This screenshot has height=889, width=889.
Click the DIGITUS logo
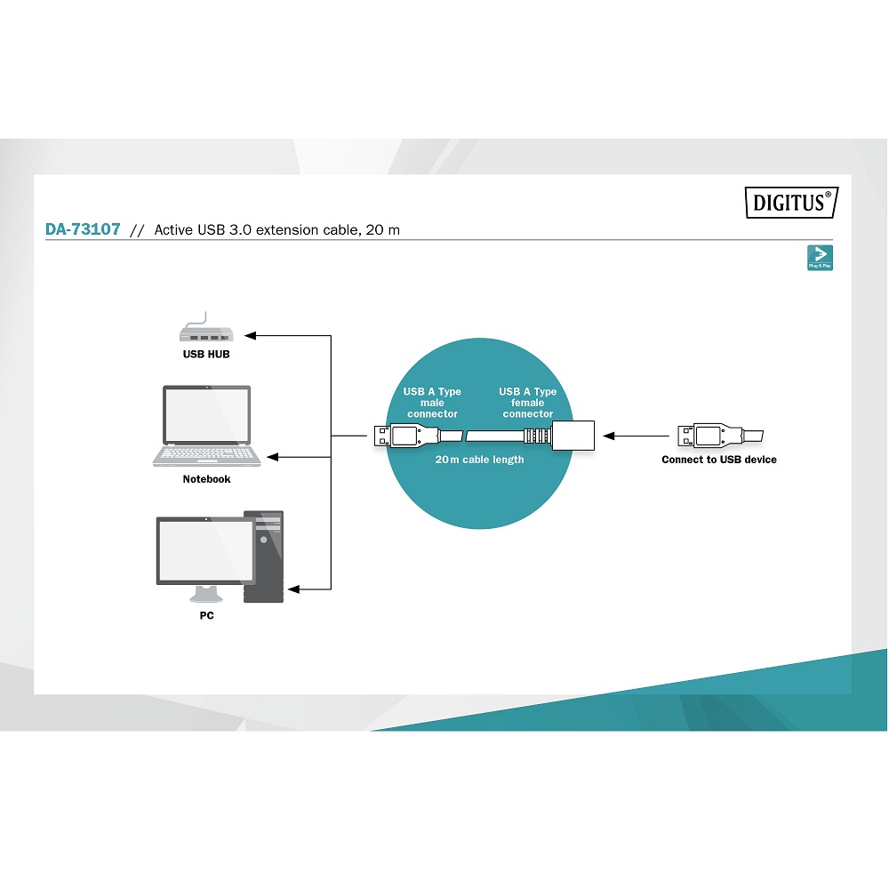(791, 203)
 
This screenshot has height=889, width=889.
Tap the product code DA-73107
(83, 229)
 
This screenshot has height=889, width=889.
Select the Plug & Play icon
(820, 258)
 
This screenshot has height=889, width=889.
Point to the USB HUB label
(206, 355)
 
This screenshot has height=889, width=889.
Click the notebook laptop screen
(206, 415)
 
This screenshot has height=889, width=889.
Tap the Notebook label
(206, 479)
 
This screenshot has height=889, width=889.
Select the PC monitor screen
(206, 551)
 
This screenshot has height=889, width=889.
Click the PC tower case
(264, 557)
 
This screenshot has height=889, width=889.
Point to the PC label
(206, 616)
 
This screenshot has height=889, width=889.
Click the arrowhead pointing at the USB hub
(251, 336)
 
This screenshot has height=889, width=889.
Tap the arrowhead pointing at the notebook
(273, 457)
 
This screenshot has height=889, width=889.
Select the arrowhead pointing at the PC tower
(294, 589)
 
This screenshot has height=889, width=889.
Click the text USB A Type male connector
(432, 403)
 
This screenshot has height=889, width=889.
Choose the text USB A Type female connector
(527, 403)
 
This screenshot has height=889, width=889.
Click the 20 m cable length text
(480, 460)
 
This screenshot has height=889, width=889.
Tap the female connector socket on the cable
(573, 436)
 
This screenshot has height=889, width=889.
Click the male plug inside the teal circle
(406, 436)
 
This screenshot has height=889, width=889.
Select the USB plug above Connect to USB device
(720, 436)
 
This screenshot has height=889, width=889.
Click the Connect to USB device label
(719, 460)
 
